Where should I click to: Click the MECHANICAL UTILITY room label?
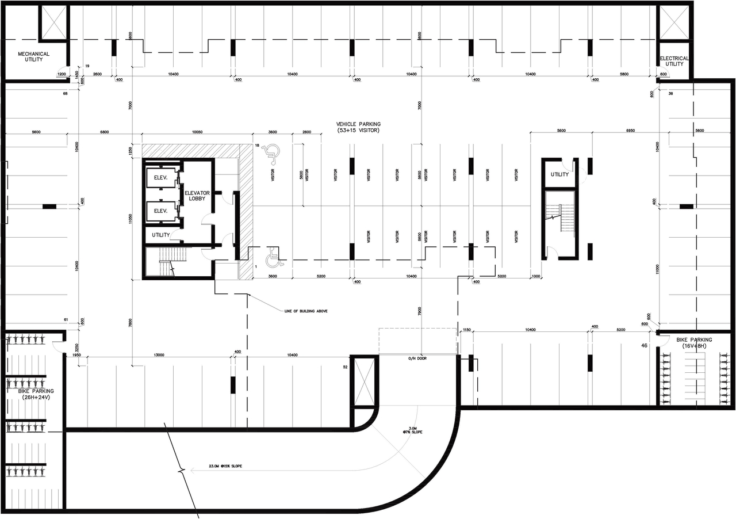click(33, 56)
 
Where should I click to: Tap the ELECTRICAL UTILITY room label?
click(674, 61)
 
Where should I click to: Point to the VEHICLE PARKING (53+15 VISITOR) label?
click(359, 127)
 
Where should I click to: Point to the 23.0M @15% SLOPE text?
click(217, 465)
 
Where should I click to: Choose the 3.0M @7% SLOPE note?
click(415, 430)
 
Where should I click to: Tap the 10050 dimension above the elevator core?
click(197, 131)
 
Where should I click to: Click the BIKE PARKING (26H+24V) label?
click(34, 394)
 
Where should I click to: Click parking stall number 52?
click(346, 367)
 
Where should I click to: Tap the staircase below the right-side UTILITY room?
click(561, 220)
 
